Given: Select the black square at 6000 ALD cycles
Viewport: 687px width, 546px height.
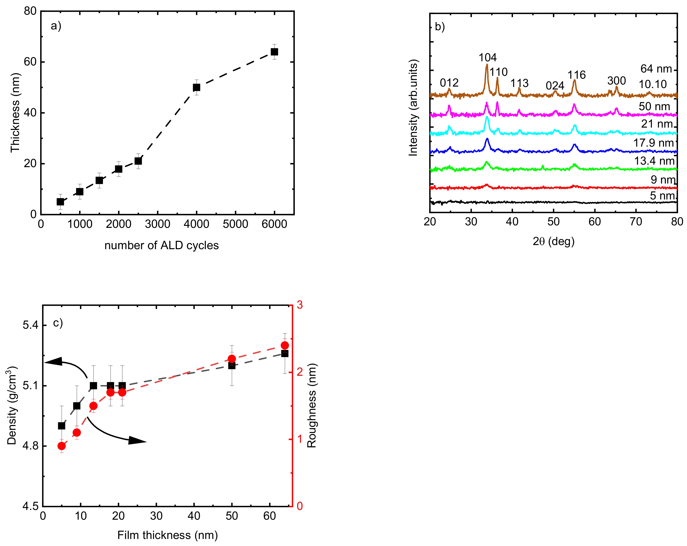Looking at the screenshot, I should click(x=274, y=52).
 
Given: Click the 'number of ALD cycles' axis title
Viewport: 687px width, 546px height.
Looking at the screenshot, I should click(x=162, y=245).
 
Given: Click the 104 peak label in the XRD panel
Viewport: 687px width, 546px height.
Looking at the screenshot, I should click(x=487, y=57).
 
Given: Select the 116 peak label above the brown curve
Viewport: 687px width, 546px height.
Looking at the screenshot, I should click(x=576, y=75).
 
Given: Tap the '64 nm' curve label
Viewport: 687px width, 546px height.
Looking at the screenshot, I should click(x=656, y=69).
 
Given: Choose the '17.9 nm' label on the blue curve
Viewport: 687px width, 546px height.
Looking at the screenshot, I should click(x=653, y=143).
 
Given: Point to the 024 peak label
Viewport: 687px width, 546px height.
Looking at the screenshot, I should click(x=555, y=86).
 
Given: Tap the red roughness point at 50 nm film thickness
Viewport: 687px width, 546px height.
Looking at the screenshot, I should click(x=232, y=359).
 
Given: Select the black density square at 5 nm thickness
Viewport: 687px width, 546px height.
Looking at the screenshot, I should click(x=62, y=426).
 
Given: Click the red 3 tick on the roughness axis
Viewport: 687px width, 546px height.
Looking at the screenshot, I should click(x=300, y=305).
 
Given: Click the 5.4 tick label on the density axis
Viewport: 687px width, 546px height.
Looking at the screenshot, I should click(x=30, y=325).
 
